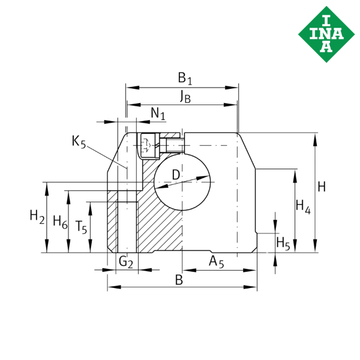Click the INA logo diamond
[326, 34]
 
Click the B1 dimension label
[185, 79]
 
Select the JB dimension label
[185, 97]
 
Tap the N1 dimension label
[158, 113]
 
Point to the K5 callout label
[79, 142]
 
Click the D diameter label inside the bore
[176, 175]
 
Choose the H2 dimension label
[37, 217]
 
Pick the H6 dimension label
[60, 222]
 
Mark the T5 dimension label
[81, 227]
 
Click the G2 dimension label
[126, 262]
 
